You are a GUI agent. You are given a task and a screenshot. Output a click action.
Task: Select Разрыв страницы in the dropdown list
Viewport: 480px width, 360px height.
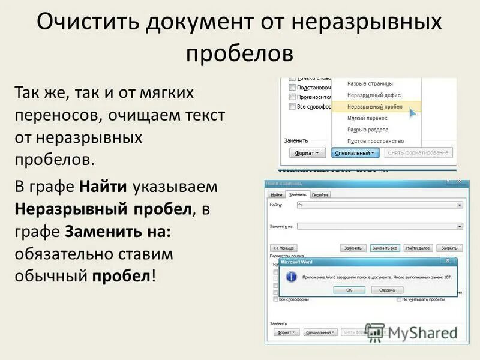(370, 83)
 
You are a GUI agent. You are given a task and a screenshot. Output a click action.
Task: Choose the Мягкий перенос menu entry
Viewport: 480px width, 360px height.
(367, 118)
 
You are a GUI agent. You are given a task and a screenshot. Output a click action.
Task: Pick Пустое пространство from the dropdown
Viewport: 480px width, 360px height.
(376, 141)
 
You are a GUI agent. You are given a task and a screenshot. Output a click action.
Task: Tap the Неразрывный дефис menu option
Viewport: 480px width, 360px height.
(374, 95)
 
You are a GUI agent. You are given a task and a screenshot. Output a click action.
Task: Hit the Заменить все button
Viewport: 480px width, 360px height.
(385, 248)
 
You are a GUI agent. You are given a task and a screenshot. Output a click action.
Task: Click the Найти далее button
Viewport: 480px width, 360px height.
(418, 248)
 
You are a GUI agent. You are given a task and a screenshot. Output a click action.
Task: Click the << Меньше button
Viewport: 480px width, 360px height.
(284, 248)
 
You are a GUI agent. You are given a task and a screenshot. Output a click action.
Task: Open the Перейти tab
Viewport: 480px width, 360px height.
(320, 194)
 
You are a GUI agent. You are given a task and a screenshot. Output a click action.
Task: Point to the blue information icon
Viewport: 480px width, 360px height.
(291, 277)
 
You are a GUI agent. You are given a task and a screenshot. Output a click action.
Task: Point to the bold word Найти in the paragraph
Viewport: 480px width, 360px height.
(103, 187)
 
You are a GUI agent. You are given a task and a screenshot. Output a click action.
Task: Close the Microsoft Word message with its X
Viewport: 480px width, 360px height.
(448, 260)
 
